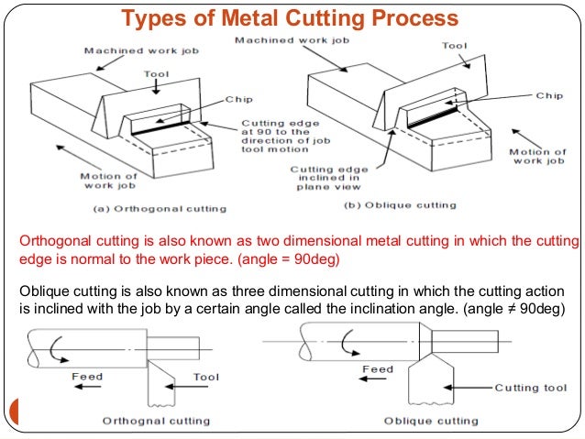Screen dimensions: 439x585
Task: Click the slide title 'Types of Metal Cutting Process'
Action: pyautogui.click(x=291, y=18)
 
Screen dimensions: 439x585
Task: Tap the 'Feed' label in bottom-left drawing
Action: pyautogui.click(x=89, y=376)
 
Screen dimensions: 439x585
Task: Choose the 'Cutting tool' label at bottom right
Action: pyautogui.click(x=532, y=387)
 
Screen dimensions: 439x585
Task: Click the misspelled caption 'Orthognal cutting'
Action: pyautogui.click(x=156, y=422)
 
